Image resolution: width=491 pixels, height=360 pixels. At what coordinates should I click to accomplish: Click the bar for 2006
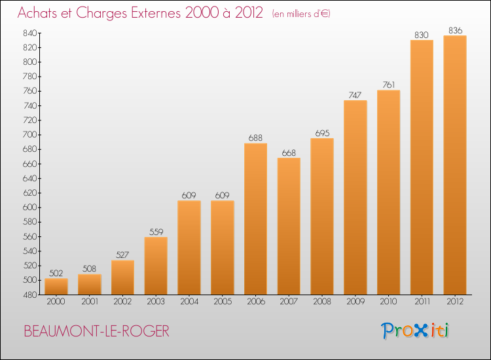click(x=255, y=219)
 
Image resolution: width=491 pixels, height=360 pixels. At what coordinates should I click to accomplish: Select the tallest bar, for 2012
click(x=455, y=165)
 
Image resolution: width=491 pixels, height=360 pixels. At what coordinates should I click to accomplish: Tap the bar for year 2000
click(x=56, y=287)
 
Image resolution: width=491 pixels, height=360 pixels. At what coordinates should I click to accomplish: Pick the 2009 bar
click(x=355, y=197)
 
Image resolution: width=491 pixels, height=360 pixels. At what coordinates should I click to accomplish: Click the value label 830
click(x=422, y=35)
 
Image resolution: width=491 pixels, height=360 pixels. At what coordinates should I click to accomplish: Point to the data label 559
click(x=156, y=232)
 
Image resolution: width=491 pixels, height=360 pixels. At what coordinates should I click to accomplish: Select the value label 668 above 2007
click(x=289, y=153)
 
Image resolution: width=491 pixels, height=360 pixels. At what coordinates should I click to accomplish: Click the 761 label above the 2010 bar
click(x=389, y=85)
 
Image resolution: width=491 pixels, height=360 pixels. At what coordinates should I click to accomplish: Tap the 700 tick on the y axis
click(x=29, y=135)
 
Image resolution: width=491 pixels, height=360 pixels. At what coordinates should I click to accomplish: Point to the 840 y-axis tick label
click(x=29, y=33)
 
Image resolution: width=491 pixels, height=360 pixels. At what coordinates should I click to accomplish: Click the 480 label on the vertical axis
click(x=29, y=295)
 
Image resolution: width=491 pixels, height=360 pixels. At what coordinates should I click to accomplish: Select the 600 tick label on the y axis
click(x=29, y=207)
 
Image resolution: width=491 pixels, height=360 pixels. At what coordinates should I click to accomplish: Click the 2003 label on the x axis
click(x=156, y=302)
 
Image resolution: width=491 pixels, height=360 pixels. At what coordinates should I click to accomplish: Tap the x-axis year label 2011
click(x=422, y=302)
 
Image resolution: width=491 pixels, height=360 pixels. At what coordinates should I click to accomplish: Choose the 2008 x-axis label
click(x=322, y=302)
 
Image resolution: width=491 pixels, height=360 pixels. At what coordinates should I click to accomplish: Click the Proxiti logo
click(x=415, y=331)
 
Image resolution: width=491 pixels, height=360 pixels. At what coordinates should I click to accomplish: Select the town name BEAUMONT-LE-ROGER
click(x=96, y=331)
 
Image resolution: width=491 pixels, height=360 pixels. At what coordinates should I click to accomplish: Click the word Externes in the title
click(x=156, y=12)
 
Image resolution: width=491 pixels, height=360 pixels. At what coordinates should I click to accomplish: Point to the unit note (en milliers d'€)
click(x=301, y=14)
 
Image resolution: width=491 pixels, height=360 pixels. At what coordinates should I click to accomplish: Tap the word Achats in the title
click(x=37, y=12)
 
